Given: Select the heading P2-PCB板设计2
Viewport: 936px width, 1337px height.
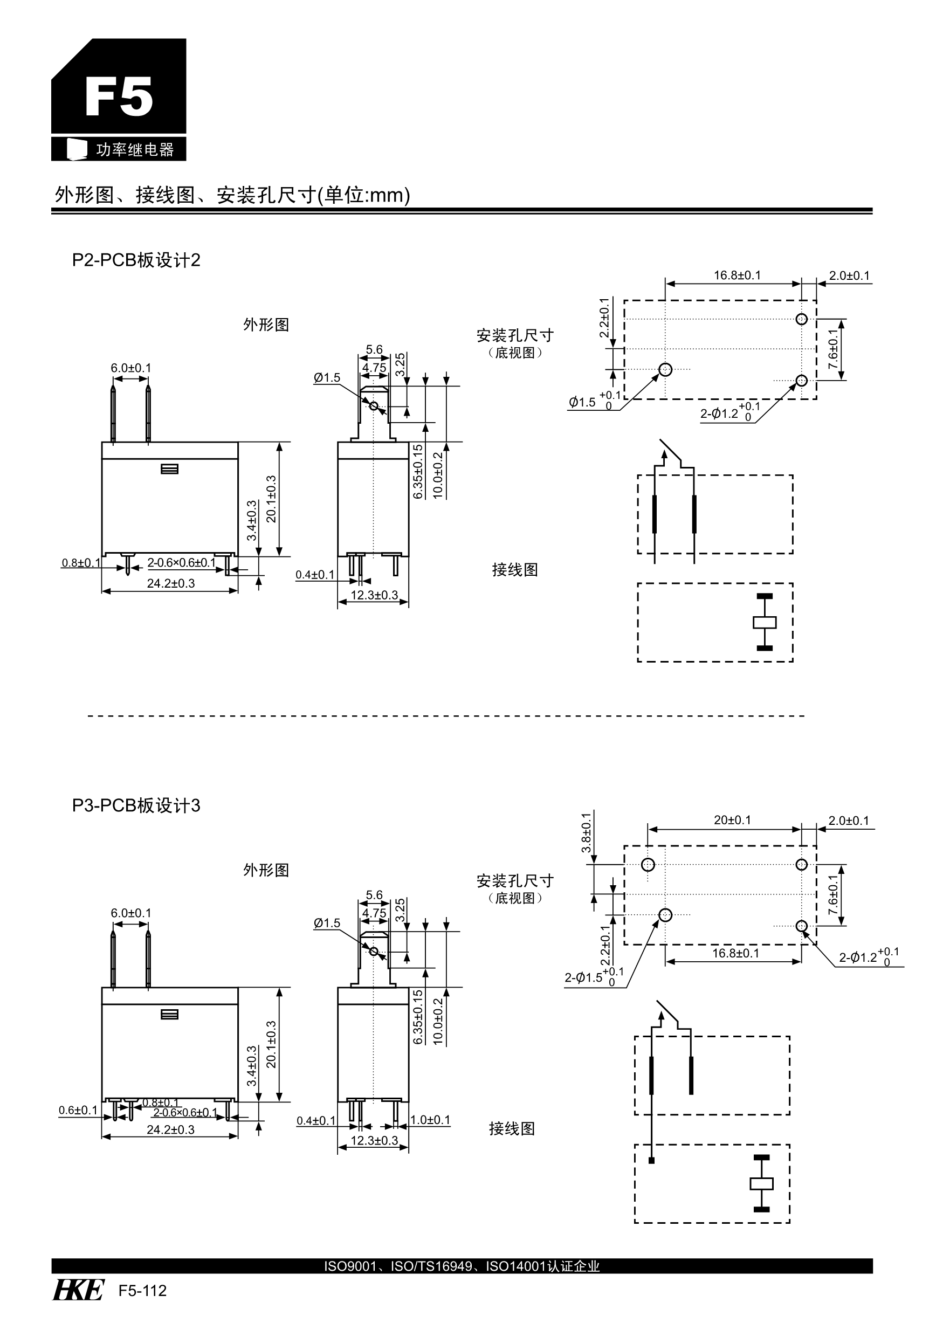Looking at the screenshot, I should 136,260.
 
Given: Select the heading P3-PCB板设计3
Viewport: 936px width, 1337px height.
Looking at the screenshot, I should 136,805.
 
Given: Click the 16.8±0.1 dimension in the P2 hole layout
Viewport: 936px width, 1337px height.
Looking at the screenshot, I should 737,275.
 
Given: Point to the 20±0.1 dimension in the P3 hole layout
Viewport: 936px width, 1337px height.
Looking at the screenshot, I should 732,820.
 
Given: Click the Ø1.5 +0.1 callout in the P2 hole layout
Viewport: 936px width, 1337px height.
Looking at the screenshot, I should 594,401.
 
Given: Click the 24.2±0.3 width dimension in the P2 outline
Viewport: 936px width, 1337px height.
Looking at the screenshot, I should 171,583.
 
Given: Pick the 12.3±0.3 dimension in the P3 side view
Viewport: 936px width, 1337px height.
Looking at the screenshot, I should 374,1140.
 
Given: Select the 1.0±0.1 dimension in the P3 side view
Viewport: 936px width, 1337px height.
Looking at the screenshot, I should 430,1120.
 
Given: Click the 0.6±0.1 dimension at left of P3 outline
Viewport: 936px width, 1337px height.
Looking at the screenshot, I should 78,1110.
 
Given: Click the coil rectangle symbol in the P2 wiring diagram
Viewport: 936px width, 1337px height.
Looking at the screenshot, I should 764,622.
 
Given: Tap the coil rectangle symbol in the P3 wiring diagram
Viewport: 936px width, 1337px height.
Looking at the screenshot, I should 761,1183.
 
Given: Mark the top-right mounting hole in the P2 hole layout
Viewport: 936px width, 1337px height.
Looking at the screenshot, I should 801,319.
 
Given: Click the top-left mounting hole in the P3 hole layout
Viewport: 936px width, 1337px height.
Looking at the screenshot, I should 648,865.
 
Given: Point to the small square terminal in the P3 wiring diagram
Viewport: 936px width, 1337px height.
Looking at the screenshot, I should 652,1161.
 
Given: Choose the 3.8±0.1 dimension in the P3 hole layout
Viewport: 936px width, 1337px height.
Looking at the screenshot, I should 587,833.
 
